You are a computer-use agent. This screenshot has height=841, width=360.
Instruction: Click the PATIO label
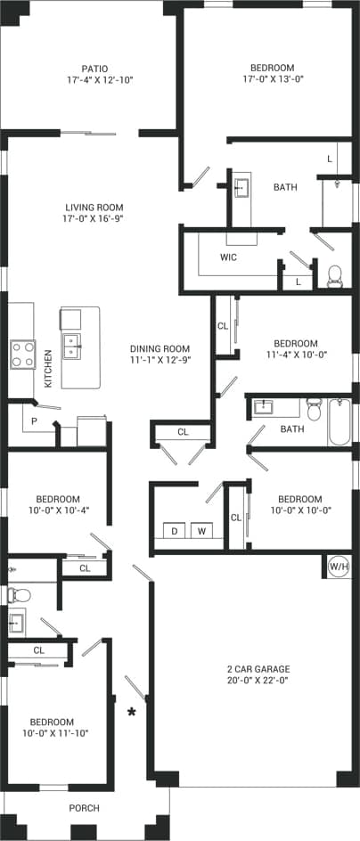(x=94, y=68)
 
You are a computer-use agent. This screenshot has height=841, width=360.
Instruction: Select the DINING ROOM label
(x=160, y=348)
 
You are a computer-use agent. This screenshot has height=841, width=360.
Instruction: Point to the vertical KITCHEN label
(x=47, y=368)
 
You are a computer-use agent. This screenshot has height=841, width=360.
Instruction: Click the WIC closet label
(x=228, y=257)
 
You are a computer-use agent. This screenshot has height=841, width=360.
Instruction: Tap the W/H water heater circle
(x=339, y=566)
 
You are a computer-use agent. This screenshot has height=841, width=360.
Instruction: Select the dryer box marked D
(x=176, y=532)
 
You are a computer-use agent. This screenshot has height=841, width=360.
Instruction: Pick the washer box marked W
(x=201, y=532)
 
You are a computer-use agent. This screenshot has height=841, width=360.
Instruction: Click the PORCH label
(x=84, y=808)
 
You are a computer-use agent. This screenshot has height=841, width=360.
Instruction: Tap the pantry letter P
(x=34, y=421)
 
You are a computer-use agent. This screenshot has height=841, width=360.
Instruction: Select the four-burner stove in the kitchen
(x=22, y=355)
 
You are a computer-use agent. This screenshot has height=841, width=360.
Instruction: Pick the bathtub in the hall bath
(x=340, y=422)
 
